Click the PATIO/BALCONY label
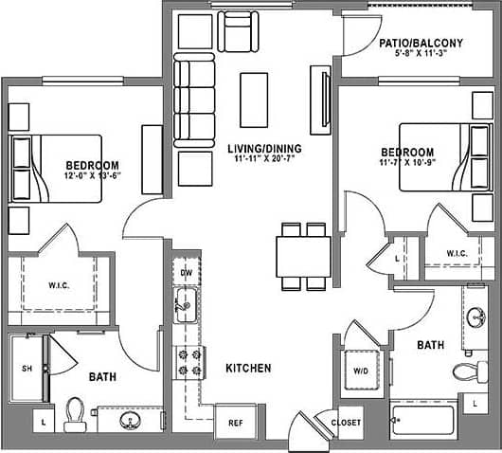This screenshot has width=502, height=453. (420, 43)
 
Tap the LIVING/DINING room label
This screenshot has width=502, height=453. (264, 149)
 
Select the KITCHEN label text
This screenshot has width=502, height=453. (248, 368)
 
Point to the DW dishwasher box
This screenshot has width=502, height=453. (186, 273)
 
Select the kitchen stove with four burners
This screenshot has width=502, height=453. (186, 361)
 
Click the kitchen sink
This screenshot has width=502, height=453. (186, 305)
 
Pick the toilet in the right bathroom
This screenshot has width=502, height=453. (463, 371)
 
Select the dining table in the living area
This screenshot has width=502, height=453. (303, 256)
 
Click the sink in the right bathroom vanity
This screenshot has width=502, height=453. (475, 317)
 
